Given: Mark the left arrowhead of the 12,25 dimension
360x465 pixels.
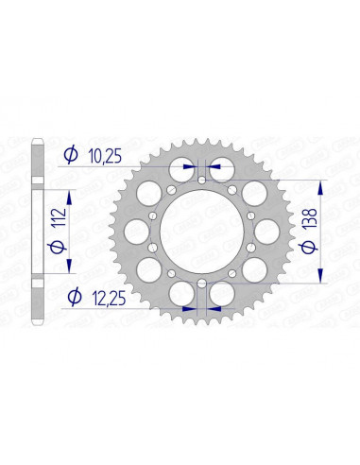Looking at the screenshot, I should click(190, 308).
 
